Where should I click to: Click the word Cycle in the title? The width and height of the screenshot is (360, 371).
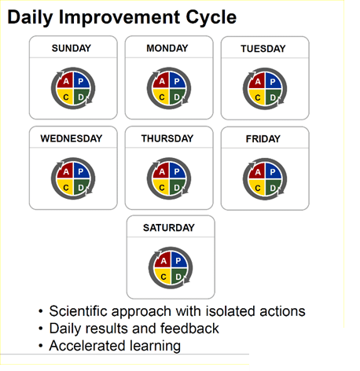coord(211,18)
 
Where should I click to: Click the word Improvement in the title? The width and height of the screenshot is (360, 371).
coord(119,18)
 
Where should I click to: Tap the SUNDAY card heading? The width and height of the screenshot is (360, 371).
coord(72,48)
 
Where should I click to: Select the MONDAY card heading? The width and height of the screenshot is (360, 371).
coord(167,48)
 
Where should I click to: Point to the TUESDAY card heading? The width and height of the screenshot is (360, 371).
coord(263,49)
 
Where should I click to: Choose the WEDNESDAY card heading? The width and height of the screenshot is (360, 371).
coord(72,138)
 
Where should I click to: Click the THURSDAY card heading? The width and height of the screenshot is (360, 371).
coord(167,138)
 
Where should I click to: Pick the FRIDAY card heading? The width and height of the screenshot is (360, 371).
coord(263,139)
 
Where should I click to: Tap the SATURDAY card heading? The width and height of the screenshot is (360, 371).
coord(169,228)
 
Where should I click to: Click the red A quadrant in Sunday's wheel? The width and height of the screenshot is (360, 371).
coord(65,81)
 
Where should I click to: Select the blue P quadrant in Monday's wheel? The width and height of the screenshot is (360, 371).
coord(177,81)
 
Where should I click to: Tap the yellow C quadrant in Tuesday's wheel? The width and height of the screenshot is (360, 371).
coord(257,97)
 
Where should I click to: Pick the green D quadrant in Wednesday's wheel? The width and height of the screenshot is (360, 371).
coord(81,187)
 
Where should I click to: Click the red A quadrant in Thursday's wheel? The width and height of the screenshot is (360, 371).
coord(161,171)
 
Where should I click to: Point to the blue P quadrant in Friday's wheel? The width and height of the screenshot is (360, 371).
coord(273,171)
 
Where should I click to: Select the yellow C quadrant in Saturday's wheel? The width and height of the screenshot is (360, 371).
coord(163,276)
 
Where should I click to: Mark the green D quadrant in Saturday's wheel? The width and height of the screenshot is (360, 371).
coord(178,276)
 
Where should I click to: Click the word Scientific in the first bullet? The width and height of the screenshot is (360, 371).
coord(78,311)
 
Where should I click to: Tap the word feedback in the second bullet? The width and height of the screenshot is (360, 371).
coord(189,329)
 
